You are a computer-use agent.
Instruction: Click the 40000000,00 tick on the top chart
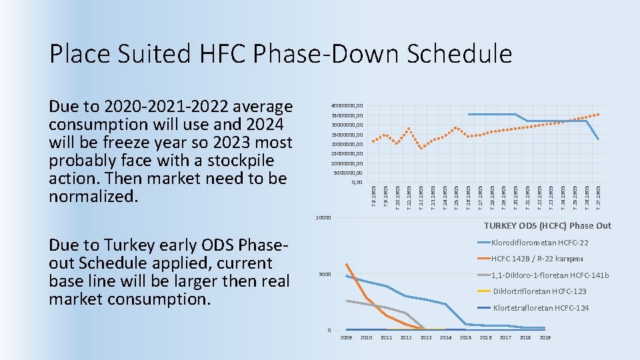click(x=347, y=105)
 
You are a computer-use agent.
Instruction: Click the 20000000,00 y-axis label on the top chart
click(x=347, y=144)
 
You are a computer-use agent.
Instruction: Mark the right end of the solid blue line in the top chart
click(x=598, y=139)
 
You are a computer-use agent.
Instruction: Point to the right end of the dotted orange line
click(x=599, y=114)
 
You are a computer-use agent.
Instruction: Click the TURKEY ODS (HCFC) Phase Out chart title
click(x=547, y=226)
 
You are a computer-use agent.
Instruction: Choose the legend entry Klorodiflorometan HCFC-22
click(x=539, y=243)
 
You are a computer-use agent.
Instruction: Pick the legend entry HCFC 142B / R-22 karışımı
click(x=537, y=259)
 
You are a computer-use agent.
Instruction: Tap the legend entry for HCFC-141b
click(x=549, y=275)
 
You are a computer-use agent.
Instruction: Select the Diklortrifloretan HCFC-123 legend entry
click(x=539, y=291)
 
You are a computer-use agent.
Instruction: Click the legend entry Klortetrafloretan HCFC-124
click(x=541, y=308)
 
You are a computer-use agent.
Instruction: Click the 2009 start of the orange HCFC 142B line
click(x=347, y=265)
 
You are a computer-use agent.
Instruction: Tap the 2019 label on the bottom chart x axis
click(x=545, y=338)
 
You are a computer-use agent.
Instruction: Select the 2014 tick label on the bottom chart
click(x=445, y=338)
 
